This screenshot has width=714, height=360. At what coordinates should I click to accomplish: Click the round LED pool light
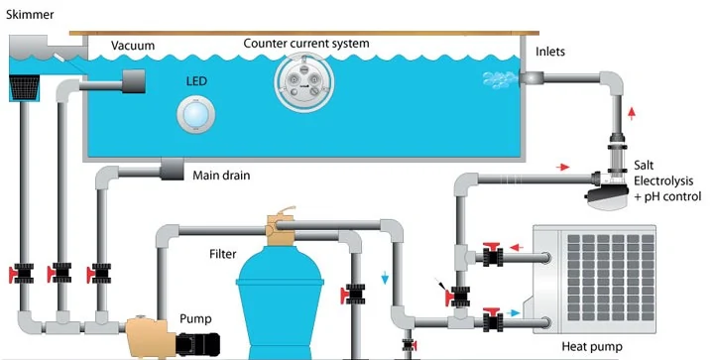pos(195,114)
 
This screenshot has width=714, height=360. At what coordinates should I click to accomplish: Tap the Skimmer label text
pos(30,14)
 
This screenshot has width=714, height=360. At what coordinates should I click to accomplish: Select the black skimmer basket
pos(24,87)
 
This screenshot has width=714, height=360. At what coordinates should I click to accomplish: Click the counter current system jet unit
pos(303,82)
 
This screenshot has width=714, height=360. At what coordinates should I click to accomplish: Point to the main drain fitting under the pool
pos(172,170)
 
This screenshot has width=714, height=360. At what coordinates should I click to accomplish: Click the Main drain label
pos(221,176)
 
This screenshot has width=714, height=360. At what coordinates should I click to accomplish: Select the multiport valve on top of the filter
pos(281,226)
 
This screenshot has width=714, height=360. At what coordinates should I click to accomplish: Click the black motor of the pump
pos(197,344)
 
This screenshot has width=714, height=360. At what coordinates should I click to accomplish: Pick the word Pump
pos(195,318)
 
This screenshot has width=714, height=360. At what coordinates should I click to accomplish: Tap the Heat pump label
pos(591,347)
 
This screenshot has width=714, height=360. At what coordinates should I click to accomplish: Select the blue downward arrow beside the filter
pos(385,277)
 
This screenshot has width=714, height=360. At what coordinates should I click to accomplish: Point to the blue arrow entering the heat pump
pos(513,312)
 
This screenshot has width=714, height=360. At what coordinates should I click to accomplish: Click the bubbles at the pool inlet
pos(500,79)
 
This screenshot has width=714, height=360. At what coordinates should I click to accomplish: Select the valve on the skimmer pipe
pos(22,274)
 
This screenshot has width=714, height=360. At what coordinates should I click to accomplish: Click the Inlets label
pos(550,52)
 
